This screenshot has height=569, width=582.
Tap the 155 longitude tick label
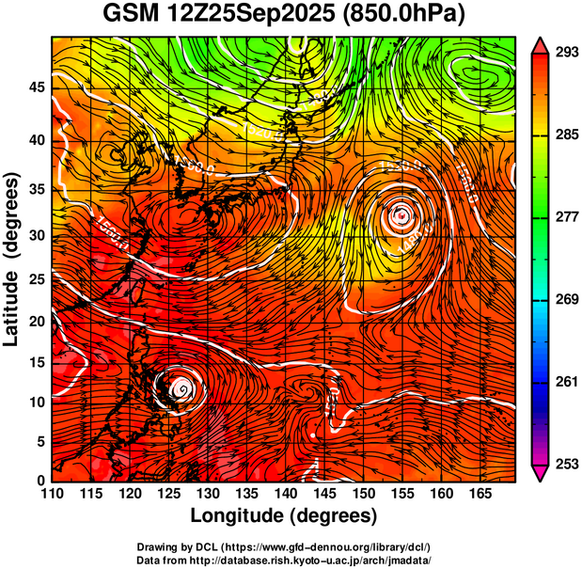(x=401, y=494)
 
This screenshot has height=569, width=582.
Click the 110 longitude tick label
(x=53, y=494)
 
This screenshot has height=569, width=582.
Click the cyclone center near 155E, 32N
(x=401, y=215)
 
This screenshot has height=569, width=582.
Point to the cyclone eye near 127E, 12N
(x=181, y=387)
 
